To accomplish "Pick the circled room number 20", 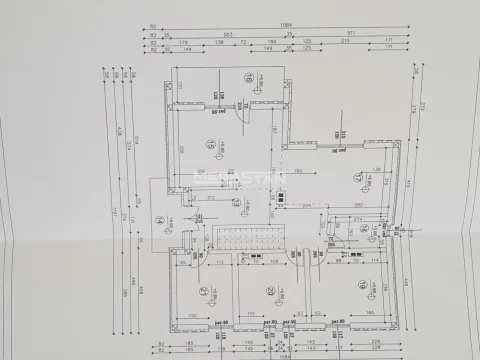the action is coord(270,291).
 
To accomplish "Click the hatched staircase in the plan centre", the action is coord(250,241).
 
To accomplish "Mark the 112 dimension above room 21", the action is coord(218,263).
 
